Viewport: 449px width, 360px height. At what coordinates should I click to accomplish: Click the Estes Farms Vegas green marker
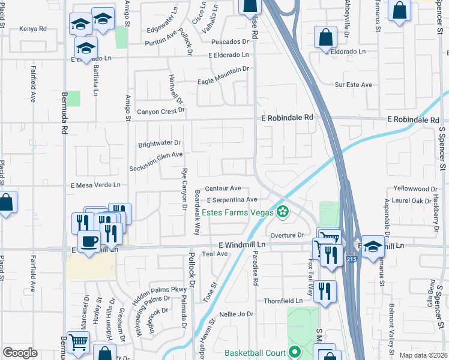coord(283,211)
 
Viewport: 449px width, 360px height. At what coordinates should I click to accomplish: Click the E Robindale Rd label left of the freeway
coord(288,118)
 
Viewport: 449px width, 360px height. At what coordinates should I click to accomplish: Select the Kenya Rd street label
coord(32,29)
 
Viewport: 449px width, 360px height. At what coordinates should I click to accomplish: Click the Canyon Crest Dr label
coord(160,112)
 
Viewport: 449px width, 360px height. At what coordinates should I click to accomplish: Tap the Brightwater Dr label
coord(159,143)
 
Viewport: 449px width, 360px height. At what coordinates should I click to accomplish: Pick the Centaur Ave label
coord(223,188)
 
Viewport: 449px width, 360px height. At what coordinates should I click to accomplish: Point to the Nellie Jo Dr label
coord(237,314)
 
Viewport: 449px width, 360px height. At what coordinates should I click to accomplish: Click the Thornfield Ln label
coord(286,301)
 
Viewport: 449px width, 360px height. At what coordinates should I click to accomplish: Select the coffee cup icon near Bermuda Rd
coord(89,241)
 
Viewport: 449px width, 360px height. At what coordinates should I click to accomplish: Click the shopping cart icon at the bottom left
coord(79,342)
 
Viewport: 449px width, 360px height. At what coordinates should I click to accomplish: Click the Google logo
coord(20,353)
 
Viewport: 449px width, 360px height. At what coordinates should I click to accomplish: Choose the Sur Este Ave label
coord(354,85)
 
